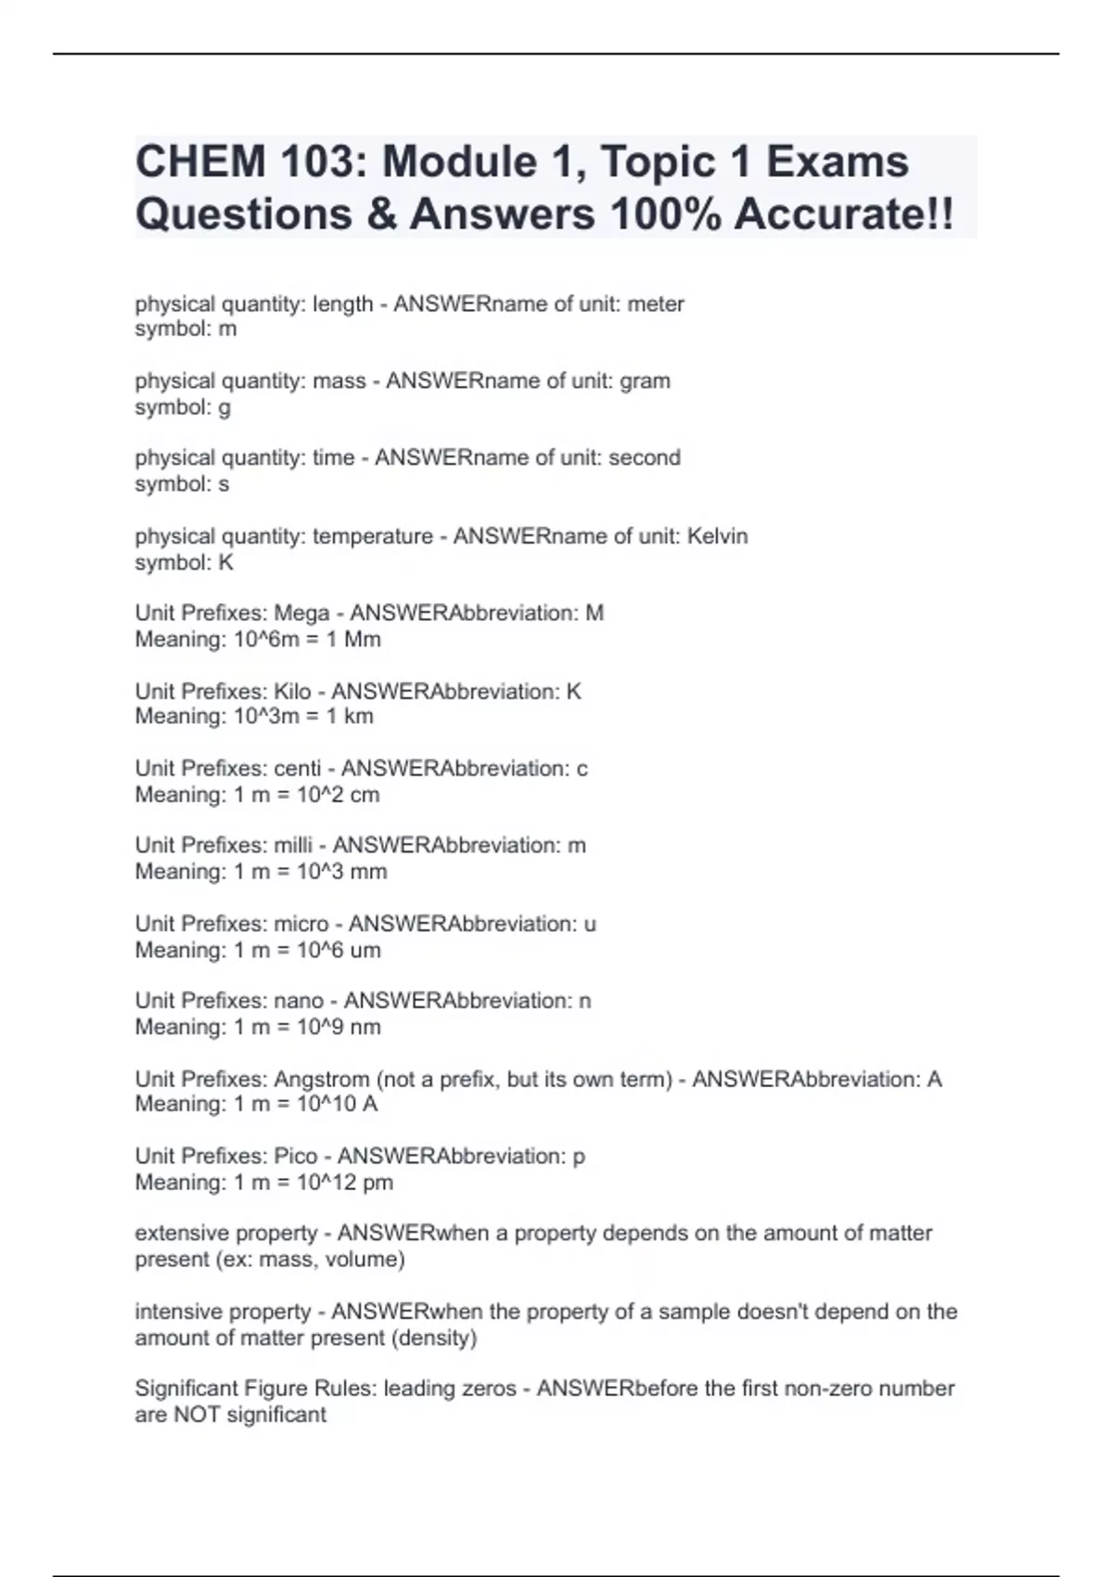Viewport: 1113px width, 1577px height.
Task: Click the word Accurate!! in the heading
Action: (x=843, y=214)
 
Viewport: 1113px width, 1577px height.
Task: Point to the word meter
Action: (x=656, y=304)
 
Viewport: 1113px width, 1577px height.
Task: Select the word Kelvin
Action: (x=717, y=536)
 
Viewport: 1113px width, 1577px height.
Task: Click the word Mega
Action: (x=301, y=613)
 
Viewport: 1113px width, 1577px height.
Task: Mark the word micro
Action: (x=301, y=924)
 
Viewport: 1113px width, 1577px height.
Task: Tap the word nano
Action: (x=299, y=1001)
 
